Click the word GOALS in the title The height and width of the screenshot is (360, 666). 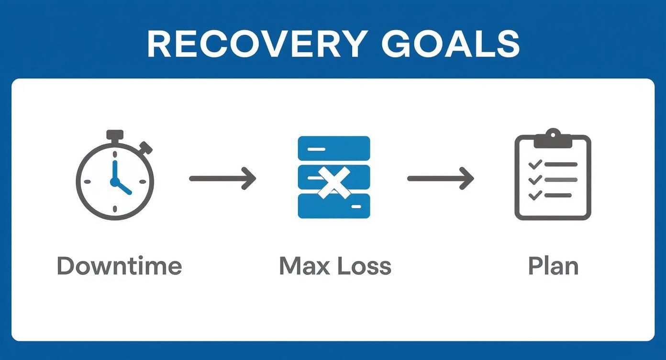(x=450, y=44)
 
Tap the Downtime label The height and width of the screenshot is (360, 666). (x=119, y=266)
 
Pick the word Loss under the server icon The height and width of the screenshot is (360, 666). (x=364, y=266)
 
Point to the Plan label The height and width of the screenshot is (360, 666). (x=553, y=266)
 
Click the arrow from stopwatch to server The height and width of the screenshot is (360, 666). (x=222, y=179)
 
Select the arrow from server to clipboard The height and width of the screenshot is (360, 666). (x=440, y=179)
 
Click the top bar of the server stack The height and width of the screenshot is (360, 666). (x=333, y=148)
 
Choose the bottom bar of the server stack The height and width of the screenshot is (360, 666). (x=333, y=206)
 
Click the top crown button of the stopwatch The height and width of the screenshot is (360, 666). (x=115, y=135)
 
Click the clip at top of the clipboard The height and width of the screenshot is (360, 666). (x=553, y=139)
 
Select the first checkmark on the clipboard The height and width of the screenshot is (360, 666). (x=535, y=164)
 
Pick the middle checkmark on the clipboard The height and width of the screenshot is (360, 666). (x=535, y=180)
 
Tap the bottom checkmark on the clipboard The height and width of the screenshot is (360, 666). (x=535, y=195)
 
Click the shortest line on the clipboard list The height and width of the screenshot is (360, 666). (x=558, y=195)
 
